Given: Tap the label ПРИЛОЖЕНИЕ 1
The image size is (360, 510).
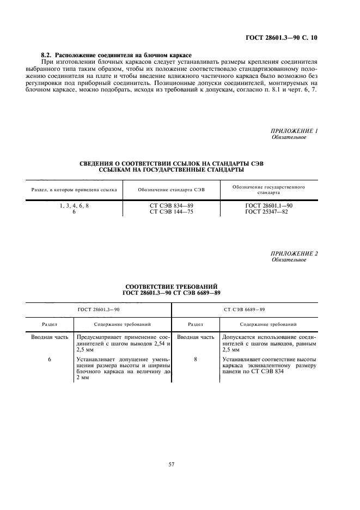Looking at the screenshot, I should click(x=294, y=131).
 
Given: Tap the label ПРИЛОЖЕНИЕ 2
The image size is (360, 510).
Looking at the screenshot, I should click(x=294, y=254).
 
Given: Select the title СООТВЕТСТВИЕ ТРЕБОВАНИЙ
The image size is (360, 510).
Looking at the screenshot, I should click(x=172, y=286).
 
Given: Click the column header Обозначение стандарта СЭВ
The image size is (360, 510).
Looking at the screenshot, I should click(x=172, y=189).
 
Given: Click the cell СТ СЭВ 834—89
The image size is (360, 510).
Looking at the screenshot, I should click(x=172, y=205).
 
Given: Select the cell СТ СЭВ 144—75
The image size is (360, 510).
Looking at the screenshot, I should click(x=172, y=211).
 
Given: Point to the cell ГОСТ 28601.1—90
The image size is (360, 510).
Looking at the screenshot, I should click(x=269, y=205).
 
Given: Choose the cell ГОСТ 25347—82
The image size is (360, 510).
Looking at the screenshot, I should click(x=269, y=211).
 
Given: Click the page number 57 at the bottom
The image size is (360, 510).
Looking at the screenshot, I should click(x=172, y=464).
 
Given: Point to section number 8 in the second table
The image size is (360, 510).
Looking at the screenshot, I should click(x=195, y=360).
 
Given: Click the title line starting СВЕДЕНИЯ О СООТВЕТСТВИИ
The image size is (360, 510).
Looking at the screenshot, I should click(x=172, y=163).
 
